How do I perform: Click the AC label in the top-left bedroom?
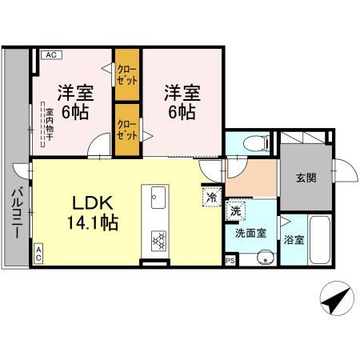pos(49,54)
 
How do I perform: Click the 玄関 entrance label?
pos(305,178)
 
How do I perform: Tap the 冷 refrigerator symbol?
pos(212,196)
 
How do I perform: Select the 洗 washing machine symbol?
pos(236,210)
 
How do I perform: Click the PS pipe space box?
pos(230,260)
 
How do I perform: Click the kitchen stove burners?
pos(157,238)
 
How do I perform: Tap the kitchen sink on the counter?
pos(157,196)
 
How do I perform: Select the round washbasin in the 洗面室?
pos(263,257)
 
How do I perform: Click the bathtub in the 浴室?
pos(320,242)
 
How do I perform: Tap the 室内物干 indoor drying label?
pos(48,123)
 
